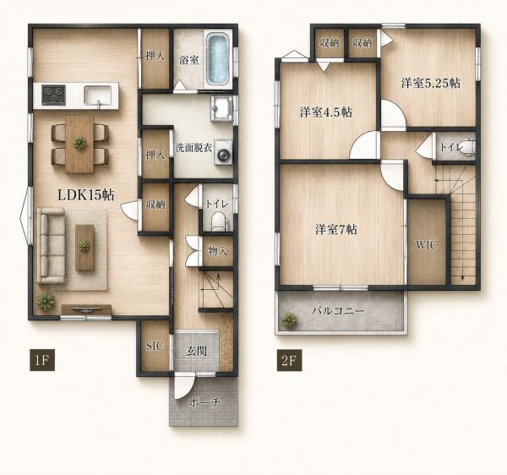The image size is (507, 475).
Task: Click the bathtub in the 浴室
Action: click(218, 60)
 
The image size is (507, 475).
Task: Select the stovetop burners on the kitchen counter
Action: click(54, 95)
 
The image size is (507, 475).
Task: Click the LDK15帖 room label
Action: click(85, 195)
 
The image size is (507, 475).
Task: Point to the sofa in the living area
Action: click(52, 246)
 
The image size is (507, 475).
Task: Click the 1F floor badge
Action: click(42, 360)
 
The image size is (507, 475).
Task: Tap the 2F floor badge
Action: click(289, 360)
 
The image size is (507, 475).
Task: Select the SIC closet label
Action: click(155, 346)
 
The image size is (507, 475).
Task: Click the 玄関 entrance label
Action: click(196, 351)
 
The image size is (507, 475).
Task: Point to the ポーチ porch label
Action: click(204, 402)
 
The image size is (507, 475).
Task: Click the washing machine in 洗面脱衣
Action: click(223, 156)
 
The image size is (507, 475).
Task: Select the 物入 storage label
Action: click(218, 250)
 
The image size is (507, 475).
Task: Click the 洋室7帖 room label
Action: click(336, 229)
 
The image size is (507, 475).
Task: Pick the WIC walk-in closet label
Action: click(426, 245)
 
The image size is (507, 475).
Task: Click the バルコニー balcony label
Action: click(338, 311)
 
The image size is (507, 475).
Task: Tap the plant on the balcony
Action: click(289, 320)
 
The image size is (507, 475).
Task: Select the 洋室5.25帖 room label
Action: click(431, 83)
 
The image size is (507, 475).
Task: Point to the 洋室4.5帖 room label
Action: click(325, 112)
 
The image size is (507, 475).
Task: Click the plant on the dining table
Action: click(79, 143)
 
